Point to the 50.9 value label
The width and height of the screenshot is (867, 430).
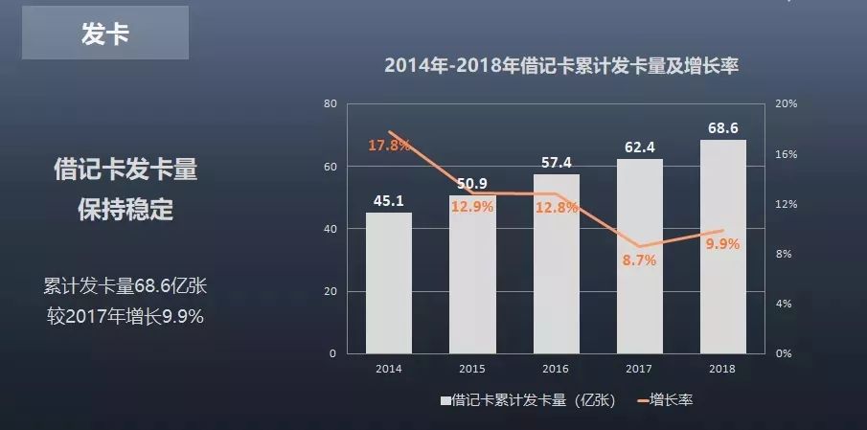click(x=472, y=183)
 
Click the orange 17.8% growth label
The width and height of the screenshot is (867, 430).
click(x=389, y=146)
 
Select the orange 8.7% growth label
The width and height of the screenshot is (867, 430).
click(x=639, y=260)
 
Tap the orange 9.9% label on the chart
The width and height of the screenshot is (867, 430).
click(x=722, y=243)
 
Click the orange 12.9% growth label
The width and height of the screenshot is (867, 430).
click(x=472, y=206)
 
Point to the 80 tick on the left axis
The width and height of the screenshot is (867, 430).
click(x=331, y=103)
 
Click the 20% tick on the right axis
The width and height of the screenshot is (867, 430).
click(x=786, y=103)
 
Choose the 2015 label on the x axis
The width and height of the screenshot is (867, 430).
click(x=472, y=369)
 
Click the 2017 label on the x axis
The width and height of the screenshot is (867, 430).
click(x=639, y=369)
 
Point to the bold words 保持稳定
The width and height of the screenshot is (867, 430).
click(x=125, y=211)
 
